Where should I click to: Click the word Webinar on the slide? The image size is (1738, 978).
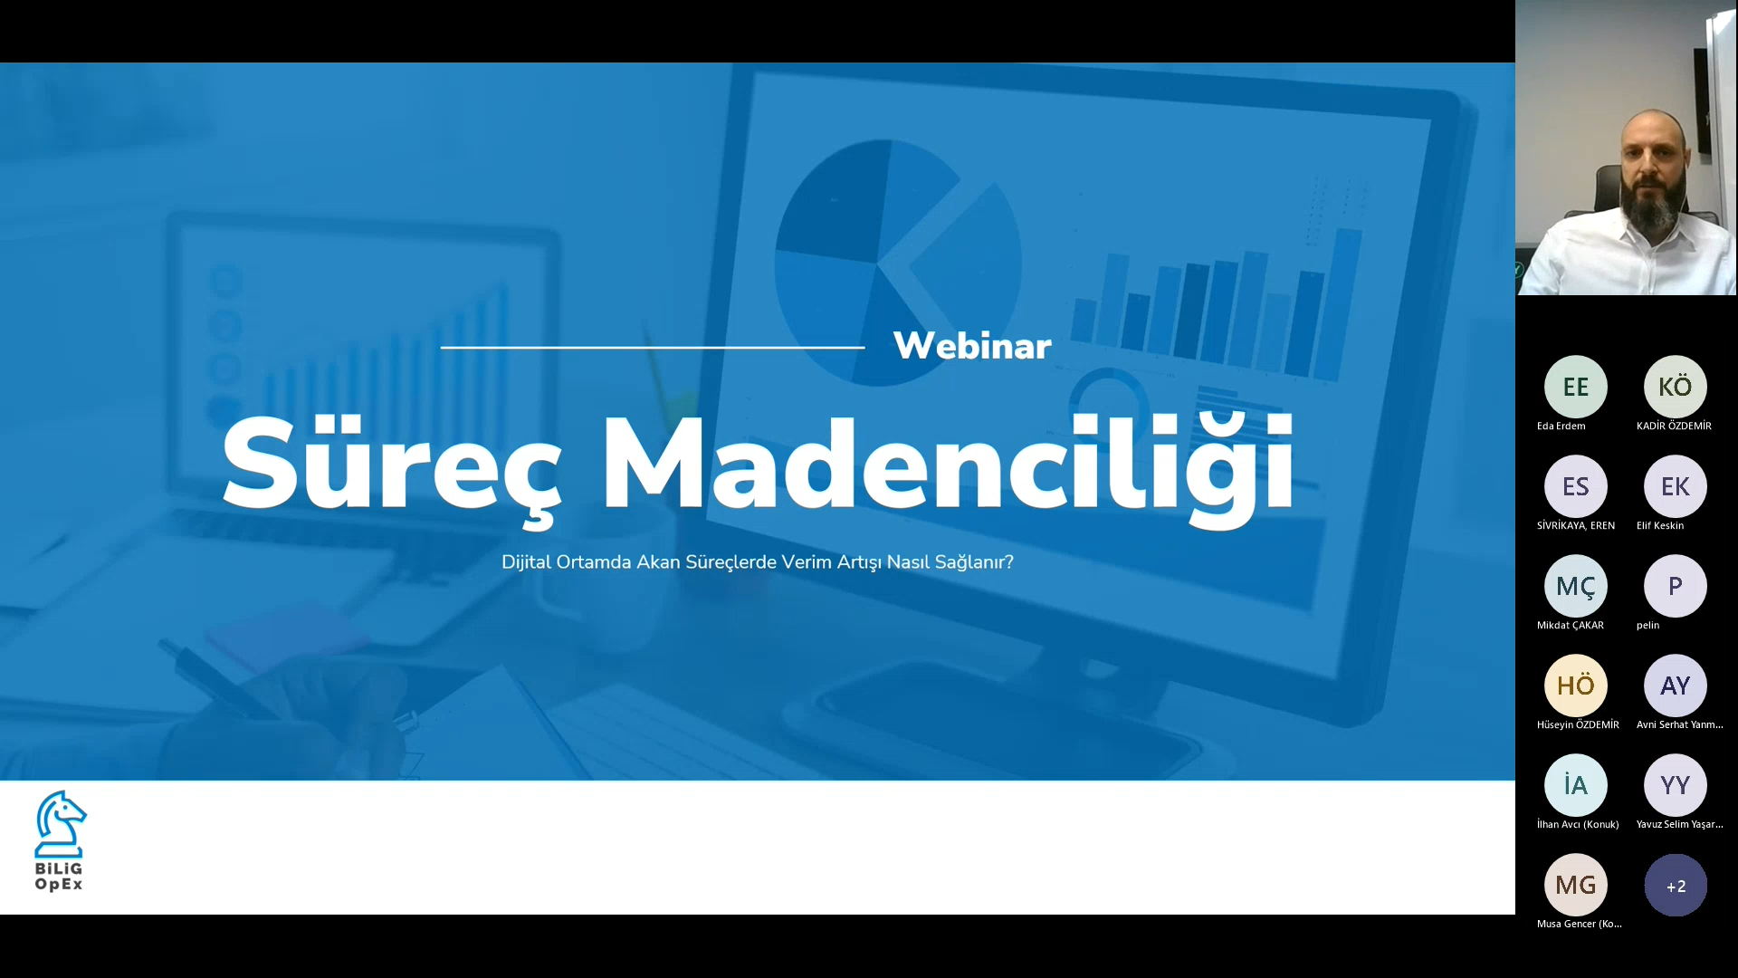tap(972, 345)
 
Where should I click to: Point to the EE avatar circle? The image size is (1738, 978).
tap(1576, 387)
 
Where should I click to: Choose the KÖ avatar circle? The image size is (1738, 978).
tap(1676, 387)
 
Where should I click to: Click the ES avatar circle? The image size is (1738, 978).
tap(1576, 486)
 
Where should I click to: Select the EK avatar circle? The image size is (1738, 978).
tap(1676, 486)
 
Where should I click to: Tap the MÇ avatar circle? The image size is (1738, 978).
tap(1576, 586)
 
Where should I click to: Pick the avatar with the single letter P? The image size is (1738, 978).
tap(1676, 586)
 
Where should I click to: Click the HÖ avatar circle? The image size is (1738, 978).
tap(1576, 686)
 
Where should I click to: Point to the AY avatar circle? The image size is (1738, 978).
tap(1676, 686)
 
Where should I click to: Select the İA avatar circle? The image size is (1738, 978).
tap(1576, 785)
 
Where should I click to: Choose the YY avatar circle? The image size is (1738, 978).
tap(1676, 785)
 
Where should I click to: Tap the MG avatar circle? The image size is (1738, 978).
tap(1576, 885)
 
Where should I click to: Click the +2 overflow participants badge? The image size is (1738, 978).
tap(1676, 886)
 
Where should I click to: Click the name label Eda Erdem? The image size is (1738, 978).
tap(1561, 426)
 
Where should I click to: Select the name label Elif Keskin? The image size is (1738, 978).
tap(1660, 525)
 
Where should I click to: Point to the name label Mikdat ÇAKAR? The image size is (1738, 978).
tap(1571, 625)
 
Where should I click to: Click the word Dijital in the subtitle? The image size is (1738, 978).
tap(527, 562)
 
